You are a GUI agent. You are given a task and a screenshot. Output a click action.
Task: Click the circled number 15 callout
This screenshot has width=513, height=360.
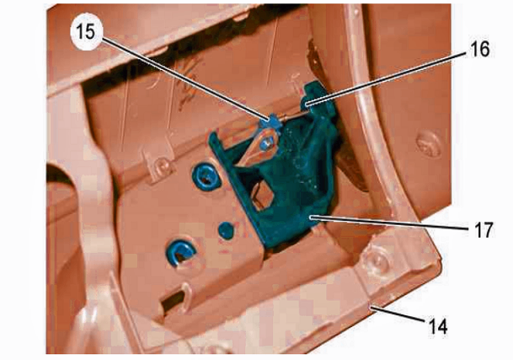click(x=87, y=33)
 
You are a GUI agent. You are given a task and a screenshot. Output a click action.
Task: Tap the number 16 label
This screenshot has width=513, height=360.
click(x=480, y=50)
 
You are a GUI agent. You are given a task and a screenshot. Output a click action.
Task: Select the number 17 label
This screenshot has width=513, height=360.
click(x=484, y=230)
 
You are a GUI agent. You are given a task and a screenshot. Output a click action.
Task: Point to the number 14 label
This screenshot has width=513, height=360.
click(x=438, y=326)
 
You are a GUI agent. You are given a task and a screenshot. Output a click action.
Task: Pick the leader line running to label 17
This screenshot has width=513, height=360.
click(x=391, y=223)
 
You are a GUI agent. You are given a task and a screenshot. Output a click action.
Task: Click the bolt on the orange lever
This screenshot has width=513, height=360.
click(x=266, y=143)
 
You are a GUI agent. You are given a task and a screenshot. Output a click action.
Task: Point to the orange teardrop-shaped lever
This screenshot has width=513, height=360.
click(x=259, y=148)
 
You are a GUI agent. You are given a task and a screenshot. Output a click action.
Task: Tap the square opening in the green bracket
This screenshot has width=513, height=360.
click(x=261, y=196)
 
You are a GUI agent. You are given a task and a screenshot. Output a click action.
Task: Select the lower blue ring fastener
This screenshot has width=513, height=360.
click(x=180, y=253)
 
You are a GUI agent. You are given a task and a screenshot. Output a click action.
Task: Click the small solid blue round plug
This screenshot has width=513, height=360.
click(x=227, y=230)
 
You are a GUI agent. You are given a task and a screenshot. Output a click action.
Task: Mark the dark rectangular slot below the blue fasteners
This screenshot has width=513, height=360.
click(x=174, y=301)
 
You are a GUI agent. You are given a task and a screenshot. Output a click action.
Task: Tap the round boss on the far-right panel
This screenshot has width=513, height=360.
click(x=428, y=144)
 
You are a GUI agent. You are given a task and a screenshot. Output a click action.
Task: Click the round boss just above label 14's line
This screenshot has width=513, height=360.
click(x=377, y=260)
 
